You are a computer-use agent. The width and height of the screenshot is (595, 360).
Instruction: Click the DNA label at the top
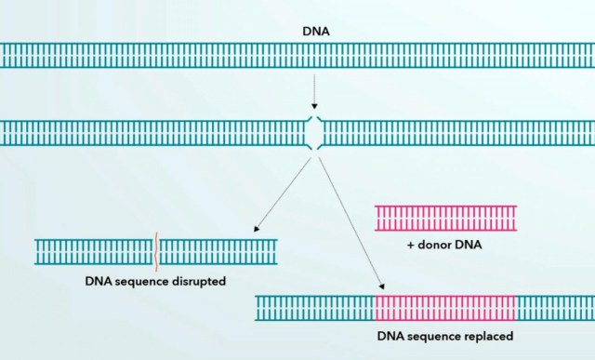(x=316, y=31)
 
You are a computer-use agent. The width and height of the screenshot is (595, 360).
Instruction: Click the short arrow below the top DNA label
(x=316, y=93)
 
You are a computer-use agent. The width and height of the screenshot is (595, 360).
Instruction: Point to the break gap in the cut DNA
(x=316, y=133)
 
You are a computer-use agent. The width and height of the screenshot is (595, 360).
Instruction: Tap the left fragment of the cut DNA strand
(x=153, y=133)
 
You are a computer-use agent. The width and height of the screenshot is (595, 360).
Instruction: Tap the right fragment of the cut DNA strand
(x=456, y=133)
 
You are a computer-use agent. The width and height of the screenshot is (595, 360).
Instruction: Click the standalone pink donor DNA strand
(x=445, y=219)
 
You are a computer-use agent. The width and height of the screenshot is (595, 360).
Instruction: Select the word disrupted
(x=197, y=280)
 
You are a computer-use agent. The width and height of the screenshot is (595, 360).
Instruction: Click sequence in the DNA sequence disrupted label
(x=139, y=280)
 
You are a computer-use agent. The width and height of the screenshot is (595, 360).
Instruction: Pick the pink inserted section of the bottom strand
(x=445, y=308)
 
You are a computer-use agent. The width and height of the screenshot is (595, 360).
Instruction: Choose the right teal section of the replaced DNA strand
(x=554, y=308)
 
